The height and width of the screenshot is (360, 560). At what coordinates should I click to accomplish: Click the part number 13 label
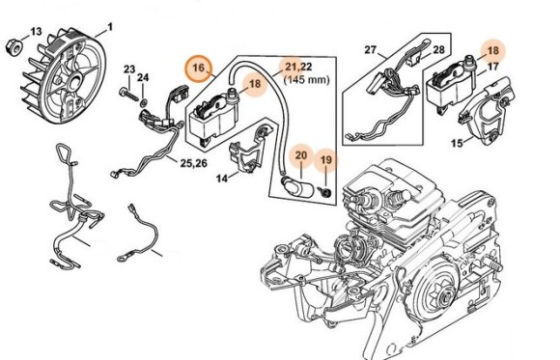(x=36, y=32)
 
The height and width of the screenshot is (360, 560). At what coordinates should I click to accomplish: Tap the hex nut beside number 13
(x=14, y=45)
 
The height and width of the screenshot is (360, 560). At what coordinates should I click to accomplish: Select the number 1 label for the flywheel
(x=110, y=27)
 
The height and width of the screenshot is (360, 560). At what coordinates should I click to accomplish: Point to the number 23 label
(x=129, y=69)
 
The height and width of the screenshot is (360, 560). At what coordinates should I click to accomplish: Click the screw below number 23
(x=128, y=95)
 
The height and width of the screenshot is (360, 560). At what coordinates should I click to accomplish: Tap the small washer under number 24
(x=143, y=103)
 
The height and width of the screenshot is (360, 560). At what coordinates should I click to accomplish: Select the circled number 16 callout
(x=199, y=68)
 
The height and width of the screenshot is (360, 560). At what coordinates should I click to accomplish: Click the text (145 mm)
(x=306, y=79)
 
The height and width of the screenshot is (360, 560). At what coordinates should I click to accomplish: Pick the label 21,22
(x=298, y=67)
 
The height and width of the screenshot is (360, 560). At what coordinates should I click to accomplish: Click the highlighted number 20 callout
(x=301, y=155)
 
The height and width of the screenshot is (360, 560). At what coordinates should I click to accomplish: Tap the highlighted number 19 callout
(x=325, y=159)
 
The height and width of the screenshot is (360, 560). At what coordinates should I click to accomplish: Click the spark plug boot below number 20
(x=297, y=186)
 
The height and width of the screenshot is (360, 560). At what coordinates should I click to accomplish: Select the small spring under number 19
(x=325, y=192)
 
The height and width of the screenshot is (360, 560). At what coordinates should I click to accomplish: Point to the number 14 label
(x=222, y=179)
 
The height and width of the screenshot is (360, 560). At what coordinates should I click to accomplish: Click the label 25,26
(x=193, y=163)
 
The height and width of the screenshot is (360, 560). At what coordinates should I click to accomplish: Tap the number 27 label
(x=371, y=49)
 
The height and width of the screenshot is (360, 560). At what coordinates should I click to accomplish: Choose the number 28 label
(x=438, y=49)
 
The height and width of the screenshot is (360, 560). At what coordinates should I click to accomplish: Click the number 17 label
(x=492, y=67)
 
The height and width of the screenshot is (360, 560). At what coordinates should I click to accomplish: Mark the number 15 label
(x=457, y=143)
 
